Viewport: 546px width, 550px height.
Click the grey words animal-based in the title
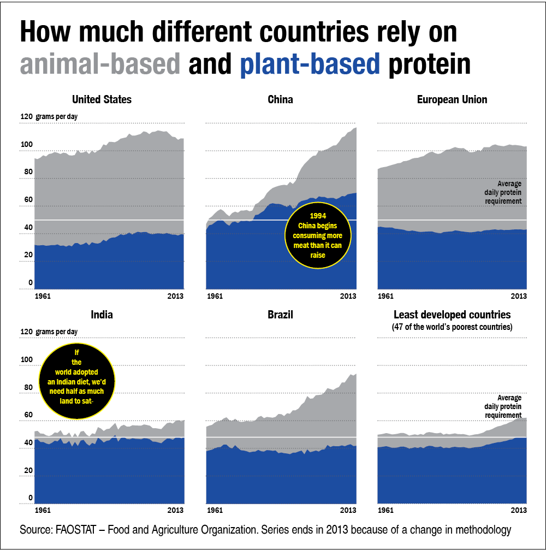coord(100,64)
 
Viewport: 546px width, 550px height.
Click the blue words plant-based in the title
coord(310,64)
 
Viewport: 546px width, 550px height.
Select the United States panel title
coord(102,99)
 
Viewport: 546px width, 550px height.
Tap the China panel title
coord(280,99)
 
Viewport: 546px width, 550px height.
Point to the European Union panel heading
coord(452,99)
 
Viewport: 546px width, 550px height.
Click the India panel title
coord(102,315)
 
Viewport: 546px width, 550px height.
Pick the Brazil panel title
coord(280,315)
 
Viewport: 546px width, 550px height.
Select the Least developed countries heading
coord(452,315)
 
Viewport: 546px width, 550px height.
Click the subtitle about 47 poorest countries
coord(452,327)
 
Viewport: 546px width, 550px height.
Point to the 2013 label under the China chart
coord(348,296)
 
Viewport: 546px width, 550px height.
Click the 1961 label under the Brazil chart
coord(215,511)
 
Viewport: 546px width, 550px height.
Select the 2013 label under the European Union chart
coord(519,296)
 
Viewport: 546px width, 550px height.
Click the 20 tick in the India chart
coord(26,470)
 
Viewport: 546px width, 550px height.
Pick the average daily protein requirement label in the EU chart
coord(503,192)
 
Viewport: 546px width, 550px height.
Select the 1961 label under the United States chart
coord(43,296)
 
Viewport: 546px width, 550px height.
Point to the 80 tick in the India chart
coord(26,387)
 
